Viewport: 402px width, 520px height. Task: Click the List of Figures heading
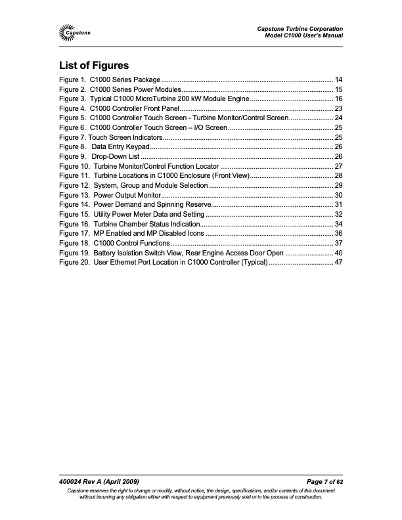click(x=93, y=66)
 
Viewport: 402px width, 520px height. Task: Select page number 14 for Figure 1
click(x=339, y=79)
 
